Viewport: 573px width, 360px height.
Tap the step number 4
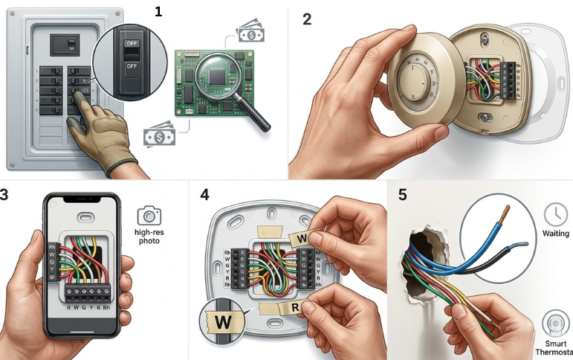(205, 195)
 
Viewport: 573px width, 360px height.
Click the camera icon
(149, 216)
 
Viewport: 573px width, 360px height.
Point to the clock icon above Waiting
(554, 215)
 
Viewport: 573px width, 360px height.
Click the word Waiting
(555, 234)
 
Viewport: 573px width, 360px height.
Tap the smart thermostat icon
(554, 325)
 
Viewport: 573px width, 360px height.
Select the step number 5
(403, 195)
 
